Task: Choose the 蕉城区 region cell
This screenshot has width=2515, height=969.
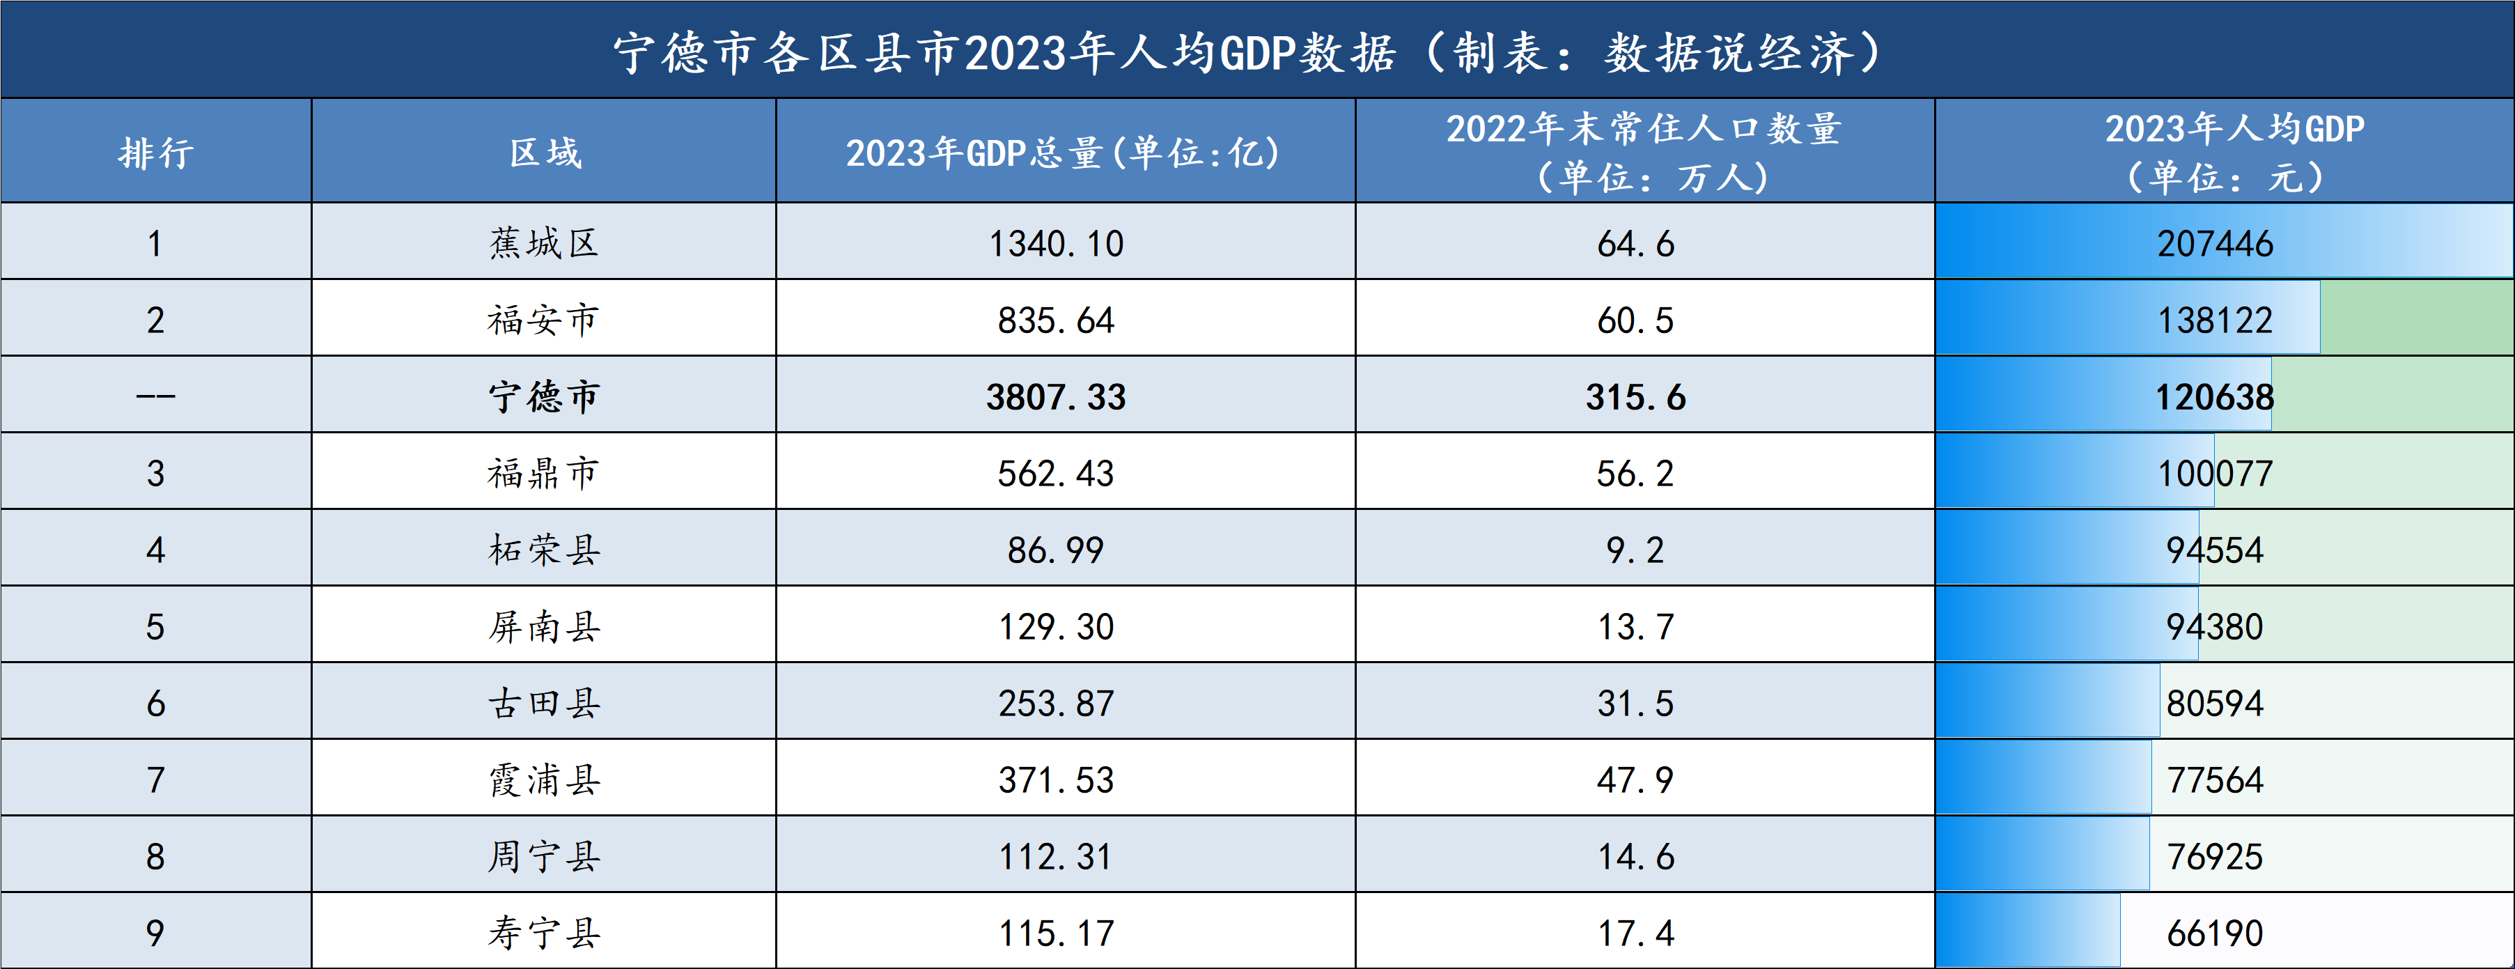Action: point(544,243)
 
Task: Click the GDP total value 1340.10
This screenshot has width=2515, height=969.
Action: point(1057,243)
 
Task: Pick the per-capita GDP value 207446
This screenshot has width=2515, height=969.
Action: point(2214,243)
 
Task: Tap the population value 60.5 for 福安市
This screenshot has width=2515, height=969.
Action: point(1635,320)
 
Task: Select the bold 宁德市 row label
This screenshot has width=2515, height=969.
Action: point(544,396)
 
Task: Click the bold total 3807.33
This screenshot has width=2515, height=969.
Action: point(1057,396)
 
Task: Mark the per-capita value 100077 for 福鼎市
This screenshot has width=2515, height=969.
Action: point(2214,474)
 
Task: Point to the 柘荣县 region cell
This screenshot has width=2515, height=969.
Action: point(544,550)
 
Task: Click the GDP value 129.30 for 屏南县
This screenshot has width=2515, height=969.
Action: point(1057,626)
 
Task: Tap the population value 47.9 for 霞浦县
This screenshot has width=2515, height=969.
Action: point(1635,780)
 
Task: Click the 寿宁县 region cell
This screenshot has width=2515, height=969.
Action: point(544,933)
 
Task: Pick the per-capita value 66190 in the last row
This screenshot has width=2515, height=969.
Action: point(2214,933)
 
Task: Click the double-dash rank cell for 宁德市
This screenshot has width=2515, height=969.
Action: point(156,396)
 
